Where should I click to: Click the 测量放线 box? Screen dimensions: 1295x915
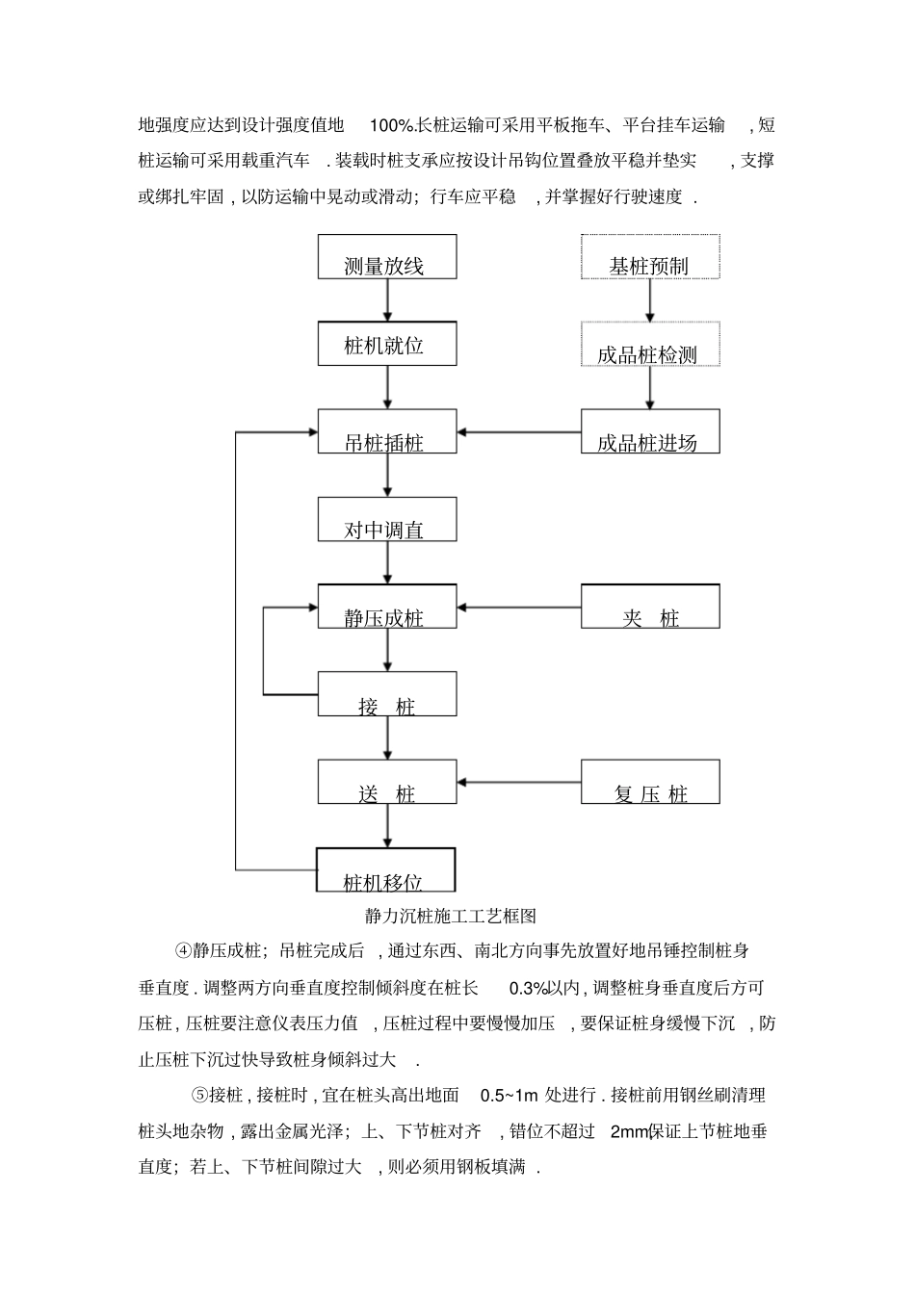pyautogui.click(x=387, y=257)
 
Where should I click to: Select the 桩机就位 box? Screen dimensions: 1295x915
pyautogui.click(x=387, y=344)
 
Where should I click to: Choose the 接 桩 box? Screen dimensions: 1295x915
pyautogui.click(x=387, y=694)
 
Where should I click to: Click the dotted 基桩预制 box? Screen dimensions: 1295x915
pyautogui.click(x=650, y=257)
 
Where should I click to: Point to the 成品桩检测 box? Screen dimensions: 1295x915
pyautogui.click(x=650, y=344)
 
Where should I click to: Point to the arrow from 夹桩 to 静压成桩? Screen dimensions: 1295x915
pyautogui.click(x=519, y=608)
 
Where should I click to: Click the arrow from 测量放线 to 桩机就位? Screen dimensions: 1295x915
pyautogui.click(x=387, y=300)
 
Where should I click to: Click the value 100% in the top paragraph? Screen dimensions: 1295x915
pyautogui.click(x=391, y=125)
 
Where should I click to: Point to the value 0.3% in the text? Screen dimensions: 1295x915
pyautogui.click(x=529, y=988)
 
